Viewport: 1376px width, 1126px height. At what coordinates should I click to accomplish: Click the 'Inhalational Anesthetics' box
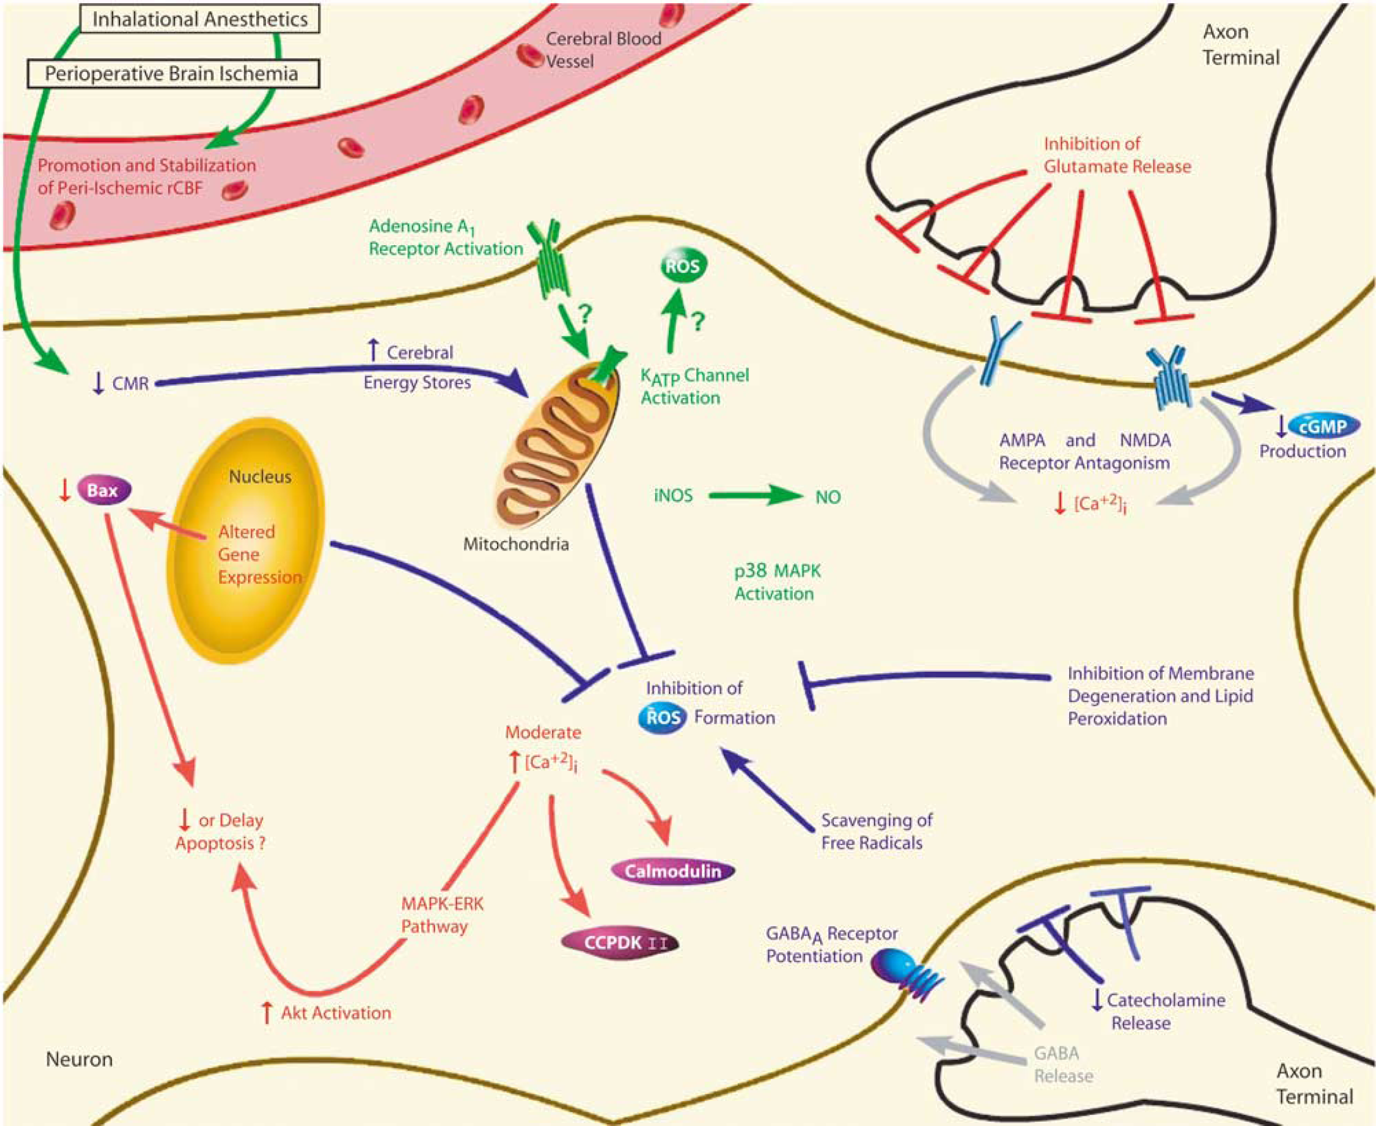[199, 19]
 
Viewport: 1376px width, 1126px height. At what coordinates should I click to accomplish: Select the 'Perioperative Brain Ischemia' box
[173, 74]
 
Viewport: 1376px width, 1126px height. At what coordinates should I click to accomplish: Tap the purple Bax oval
[104, 490]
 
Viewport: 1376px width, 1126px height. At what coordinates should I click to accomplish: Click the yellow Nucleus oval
[246, 540]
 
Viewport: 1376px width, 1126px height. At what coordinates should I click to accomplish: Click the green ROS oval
[683, 266]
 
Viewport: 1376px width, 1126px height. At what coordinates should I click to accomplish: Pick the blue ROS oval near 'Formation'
[663, 718]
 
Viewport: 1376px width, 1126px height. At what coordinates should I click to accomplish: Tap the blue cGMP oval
[1323, 426]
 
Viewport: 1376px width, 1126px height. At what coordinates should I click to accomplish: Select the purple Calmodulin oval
[673, 870]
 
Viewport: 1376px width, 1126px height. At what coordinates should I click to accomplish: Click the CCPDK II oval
[620, 943]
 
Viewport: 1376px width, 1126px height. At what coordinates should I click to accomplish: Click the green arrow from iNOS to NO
[756, 496]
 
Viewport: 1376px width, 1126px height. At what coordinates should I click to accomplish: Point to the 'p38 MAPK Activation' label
[777, 582]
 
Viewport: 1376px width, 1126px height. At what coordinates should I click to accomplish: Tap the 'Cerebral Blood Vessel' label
[603, 50]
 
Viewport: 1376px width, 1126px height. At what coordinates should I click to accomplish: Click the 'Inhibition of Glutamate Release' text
[1117, 155]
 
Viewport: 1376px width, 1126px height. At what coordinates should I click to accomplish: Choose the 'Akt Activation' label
[336, 1013]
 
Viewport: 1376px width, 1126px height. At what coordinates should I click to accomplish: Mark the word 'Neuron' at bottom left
[79, 1059]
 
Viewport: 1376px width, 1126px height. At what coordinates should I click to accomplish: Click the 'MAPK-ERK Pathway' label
[443, 915]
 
